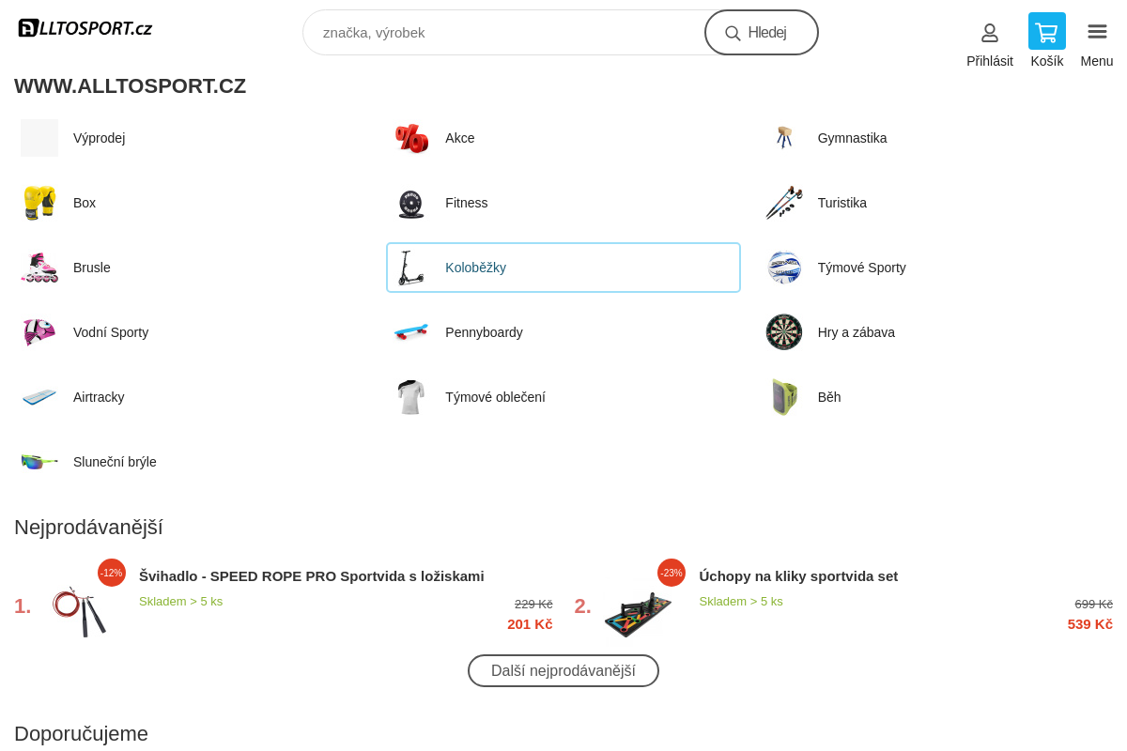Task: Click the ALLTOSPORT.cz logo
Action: point(85,28)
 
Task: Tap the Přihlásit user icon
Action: point(989,33)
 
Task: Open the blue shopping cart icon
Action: point(1046,32)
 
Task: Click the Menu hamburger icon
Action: point(1096,32)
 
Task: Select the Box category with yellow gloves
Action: point(39,203)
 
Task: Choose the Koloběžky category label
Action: point(475,268)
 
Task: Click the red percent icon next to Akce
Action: point(411,138)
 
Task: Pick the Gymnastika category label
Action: point(852,138)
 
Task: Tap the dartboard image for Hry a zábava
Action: point(784,332)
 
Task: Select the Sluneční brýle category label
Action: point(115,462)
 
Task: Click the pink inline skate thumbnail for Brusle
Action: point(39,268)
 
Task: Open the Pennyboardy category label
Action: point(484,332)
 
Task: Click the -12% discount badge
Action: point(112,573)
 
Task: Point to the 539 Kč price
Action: point(1089,624)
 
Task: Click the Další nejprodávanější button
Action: point(563,670)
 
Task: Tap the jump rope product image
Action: point(77,612)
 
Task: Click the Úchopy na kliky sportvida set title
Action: point(798,575)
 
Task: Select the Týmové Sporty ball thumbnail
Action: point(784,268)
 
